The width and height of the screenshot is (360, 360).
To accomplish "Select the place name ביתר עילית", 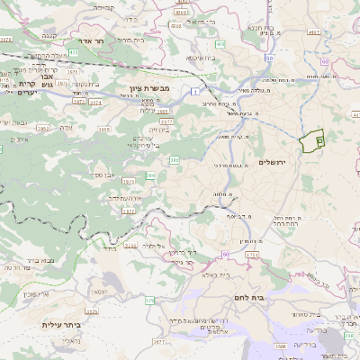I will pyautogui.click(x=60, y=324).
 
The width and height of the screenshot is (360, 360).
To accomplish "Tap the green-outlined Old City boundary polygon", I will pyautogui.click(x=313, y=141).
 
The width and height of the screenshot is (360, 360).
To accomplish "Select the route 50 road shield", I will pyautogui.click(x=269, y=58).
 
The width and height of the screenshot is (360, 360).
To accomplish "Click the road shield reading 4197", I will pyautogui.click(x=314, y=32).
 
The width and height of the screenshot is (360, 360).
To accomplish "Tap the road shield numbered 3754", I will pyautogui.click(x=253, y=256).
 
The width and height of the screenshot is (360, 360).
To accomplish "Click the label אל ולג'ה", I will pyautogui.click(x=157, y=245).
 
